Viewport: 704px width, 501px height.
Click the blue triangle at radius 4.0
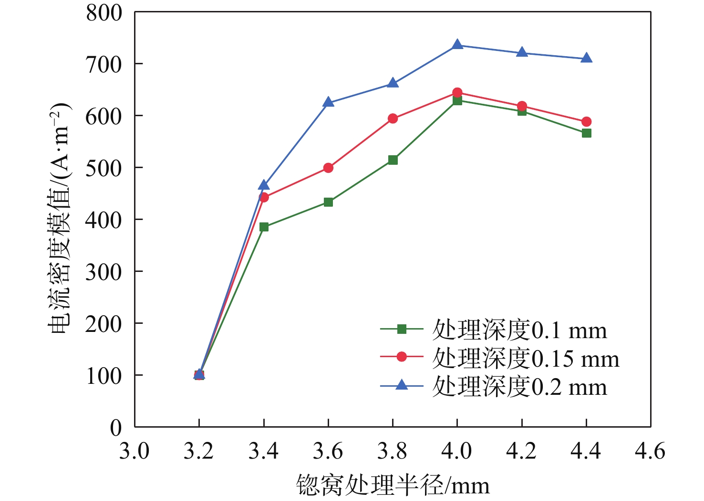[x=457, y=45]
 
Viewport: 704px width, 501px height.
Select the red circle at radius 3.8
[x=393, y=119]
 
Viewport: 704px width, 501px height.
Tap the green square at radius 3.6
[x=328, y=202]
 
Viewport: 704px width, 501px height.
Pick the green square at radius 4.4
[x=586, y=133]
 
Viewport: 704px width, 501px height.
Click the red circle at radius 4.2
[x=522, y=106]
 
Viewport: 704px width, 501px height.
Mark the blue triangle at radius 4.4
[x=586, y=59]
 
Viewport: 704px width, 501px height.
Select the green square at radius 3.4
[x=264, y=227]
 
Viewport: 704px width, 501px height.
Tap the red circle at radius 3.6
[x=328, y=168]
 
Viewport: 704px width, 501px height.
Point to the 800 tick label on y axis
[x=104, y=13]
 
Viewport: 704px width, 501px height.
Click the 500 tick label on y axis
[x=104, y=168]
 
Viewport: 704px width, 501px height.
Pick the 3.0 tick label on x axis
[x=134, y=451]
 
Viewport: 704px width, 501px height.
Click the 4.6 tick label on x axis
[x=650, y=451]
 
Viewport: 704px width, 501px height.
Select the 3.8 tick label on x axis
[x=392, y=451]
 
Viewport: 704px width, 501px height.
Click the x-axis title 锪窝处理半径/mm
[x=393, y=485]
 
